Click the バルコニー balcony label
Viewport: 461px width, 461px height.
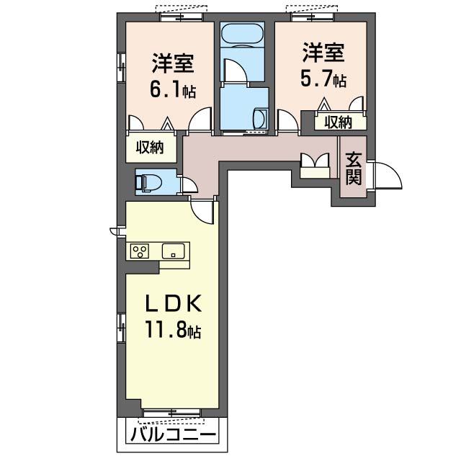coord(174,436)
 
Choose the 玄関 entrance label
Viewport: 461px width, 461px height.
coord(353,169)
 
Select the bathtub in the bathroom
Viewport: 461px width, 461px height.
coord(243,35)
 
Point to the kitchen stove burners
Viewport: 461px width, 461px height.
coord(140,251)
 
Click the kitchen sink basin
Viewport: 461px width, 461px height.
coord(174,251)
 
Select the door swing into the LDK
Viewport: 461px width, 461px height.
coord(205,211)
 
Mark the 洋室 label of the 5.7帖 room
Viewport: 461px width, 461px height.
coord(323,52)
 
